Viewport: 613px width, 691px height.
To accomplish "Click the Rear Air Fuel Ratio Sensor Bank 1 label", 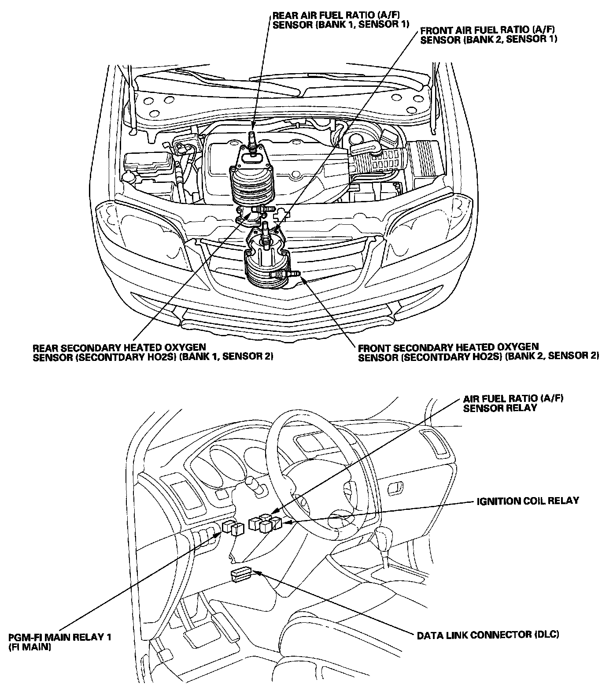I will (x=341, y=20).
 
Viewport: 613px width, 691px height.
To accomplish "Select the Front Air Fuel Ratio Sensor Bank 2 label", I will (x=489, y=35).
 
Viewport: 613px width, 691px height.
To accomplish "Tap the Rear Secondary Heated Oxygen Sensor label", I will (x=153, y=352).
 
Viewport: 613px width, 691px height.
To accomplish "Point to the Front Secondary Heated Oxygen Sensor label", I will (x=478, y=352).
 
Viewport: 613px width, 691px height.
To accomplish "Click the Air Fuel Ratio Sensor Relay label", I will (x=513, y=403).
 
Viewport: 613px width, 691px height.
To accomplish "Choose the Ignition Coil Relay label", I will (x=528, y=501).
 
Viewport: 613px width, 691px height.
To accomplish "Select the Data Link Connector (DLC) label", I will (x=488, y=635).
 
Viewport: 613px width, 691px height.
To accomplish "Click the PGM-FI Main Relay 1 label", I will (x=60, y=642).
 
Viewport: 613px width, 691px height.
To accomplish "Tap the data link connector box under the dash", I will (x=240, y=575).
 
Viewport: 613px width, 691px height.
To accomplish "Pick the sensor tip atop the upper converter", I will (x=252, y=135).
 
